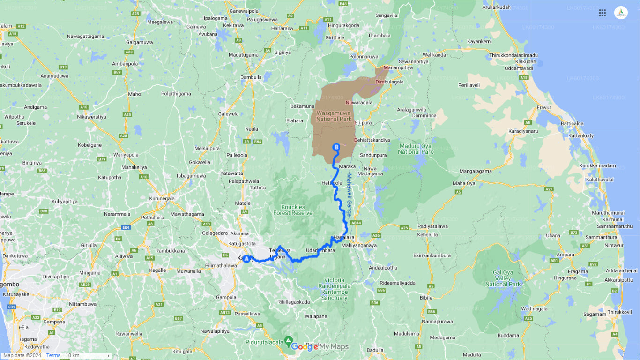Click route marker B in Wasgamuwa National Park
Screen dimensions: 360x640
coord(336,147)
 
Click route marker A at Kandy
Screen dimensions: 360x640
coord(246,258)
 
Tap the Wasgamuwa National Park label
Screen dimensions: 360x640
coord(334,116)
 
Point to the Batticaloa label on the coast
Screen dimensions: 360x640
coord(572,124)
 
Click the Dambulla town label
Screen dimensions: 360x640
coord(251,77)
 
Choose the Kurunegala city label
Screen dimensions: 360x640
coord(162,198)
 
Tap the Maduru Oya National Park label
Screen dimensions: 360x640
coord(416,149)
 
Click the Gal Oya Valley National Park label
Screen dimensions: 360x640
coord(503,278)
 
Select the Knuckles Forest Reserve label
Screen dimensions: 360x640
coord(293,210)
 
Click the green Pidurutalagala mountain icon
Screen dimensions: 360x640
coord(289,339)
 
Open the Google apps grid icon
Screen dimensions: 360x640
coord(602,13)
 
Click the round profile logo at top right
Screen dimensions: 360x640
coord(621,13)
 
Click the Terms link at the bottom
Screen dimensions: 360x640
coord(53,355)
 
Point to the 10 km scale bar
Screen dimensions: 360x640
coord(87,355)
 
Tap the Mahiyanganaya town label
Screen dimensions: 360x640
coord(359,245)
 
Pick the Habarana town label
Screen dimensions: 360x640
coord(283,28)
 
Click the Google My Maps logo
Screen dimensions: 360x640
coord(320,347)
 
